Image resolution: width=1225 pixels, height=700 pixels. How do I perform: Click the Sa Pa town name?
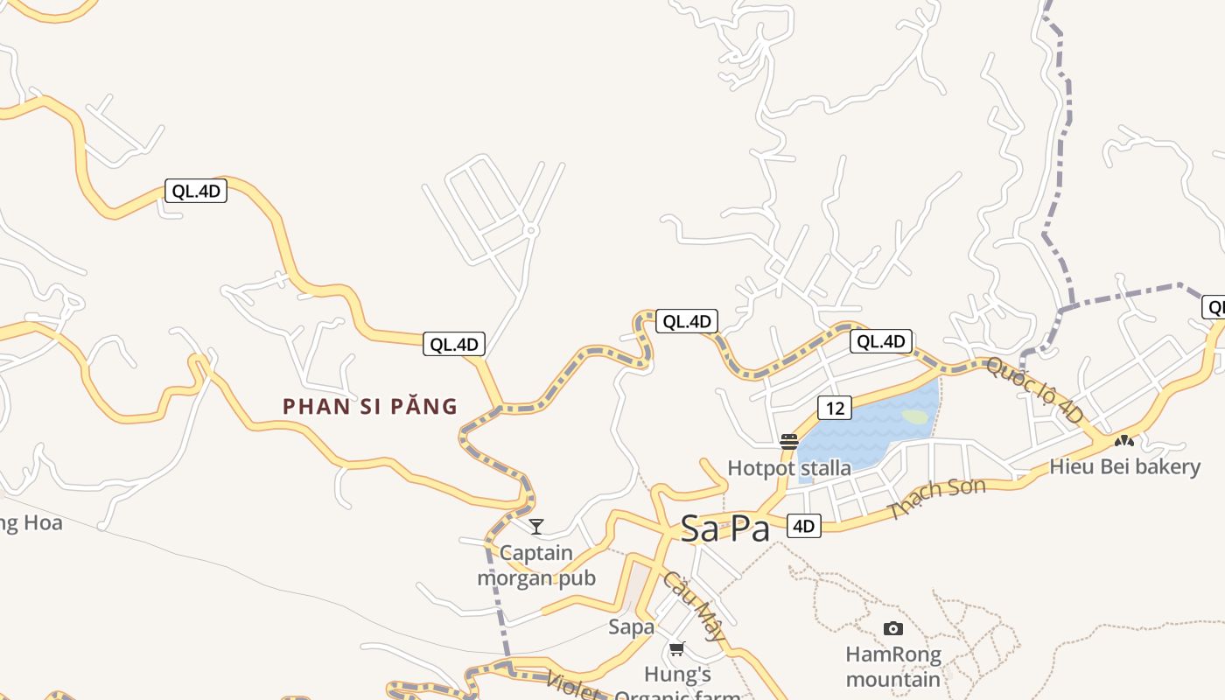(x=725, y=528)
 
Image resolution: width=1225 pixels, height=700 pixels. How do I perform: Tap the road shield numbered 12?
(x=835, y=407)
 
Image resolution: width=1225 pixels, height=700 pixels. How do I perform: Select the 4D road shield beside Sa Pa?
(x=803, y=526)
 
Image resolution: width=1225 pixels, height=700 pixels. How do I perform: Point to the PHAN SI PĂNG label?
(x=370, y=406)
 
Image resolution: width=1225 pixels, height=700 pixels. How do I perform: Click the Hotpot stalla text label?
(x=789, y=468)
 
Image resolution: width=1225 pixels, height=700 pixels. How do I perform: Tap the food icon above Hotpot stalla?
(x=789, y=442)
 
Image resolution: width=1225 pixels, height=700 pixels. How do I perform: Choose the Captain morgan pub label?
(x=536, y=565)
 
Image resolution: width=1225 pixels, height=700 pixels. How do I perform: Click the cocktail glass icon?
(x=536, y=526)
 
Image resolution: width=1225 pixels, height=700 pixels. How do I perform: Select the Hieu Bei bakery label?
(x=1124, y=466)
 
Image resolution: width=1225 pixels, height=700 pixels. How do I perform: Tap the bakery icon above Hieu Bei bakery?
(x=1124, y=440)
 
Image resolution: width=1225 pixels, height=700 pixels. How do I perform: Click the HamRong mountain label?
(x=893, y=667)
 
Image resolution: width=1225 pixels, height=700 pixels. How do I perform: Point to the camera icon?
(x=893, y=628)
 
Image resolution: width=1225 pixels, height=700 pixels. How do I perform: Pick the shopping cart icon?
(x=676, y=649)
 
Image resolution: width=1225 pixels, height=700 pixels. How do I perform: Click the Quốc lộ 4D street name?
(x=1034, y=390)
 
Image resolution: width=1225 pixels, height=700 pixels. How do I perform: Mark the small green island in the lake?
(x=915, y=417)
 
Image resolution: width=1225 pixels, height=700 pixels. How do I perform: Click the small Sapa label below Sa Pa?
(x=631, y=626)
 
